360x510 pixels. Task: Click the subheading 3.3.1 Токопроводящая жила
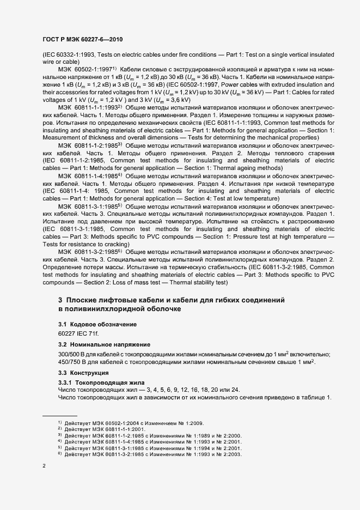pyautogui.click(x=99, y=382)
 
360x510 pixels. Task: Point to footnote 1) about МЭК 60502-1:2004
pyautogui.click(x=130, y=423)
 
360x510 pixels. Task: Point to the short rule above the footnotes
pyautogui.click(x=60, y=416)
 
